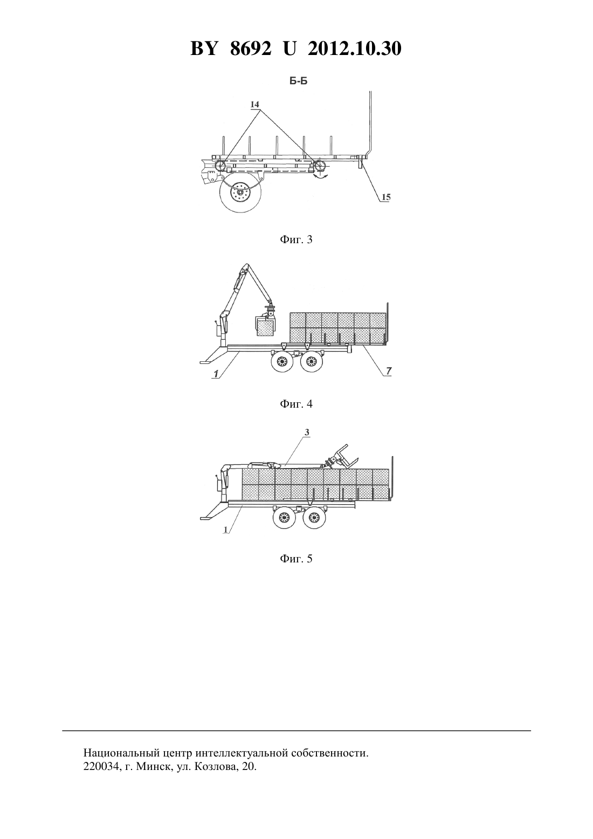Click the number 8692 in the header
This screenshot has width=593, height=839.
(x=251, y=49)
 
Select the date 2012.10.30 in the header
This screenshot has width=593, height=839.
(x=355, y=49)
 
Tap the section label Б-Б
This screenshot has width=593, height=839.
(x=298, y=81)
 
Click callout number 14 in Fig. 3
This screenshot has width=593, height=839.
(x=254, y=104)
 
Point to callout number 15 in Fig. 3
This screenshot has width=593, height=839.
(x=386, y=197)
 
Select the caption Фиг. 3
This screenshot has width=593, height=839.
(x=296, y=240)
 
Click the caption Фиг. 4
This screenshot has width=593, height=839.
(x=296, y=404)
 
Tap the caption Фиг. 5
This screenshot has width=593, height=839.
(x=296, y=559)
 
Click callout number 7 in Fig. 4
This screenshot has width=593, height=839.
(x=389, y=371)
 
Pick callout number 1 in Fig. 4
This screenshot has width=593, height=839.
(x=216, y=374)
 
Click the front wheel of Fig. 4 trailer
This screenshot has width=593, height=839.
(x=283, y=362)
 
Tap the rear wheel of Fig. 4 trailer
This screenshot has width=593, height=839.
(x=311, y=362)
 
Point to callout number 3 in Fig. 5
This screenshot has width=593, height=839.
(x=307, y=432)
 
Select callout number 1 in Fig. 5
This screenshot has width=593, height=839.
(x=226, y=529)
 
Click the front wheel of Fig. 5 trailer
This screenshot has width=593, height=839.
(x=284, y=518)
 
